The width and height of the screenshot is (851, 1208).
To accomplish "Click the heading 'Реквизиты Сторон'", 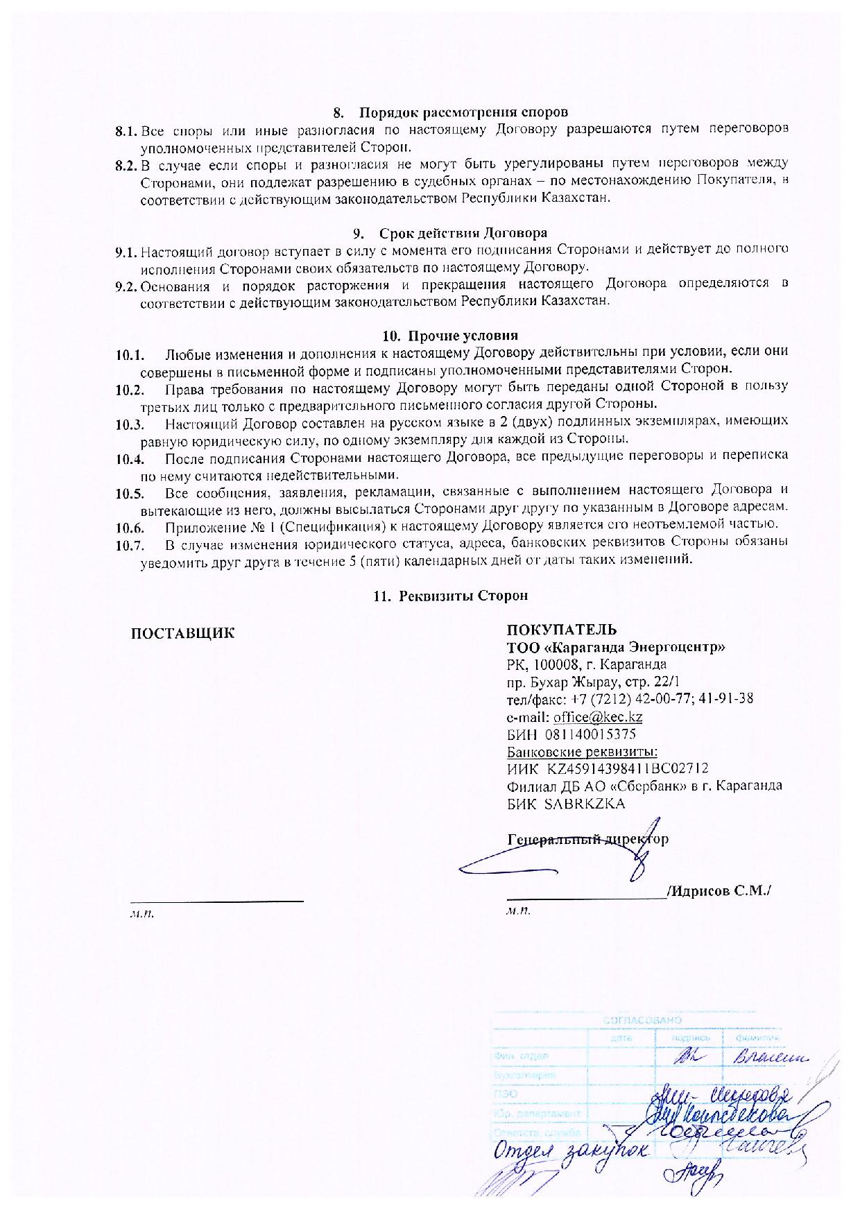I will [x=464, y=596].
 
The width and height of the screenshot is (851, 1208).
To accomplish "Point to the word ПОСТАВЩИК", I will [x=182, y=633].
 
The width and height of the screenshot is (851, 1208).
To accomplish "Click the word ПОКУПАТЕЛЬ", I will [x=561, y=630].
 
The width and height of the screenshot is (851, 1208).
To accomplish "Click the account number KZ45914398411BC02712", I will [x=627, y=768].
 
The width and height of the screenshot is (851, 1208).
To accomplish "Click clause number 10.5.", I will [x=129, y=494].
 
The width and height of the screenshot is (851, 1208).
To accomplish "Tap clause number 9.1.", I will [x=127, y=250].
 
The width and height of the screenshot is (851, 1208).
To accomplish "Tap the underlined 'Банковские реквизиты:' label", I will [x=582, y=752].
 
